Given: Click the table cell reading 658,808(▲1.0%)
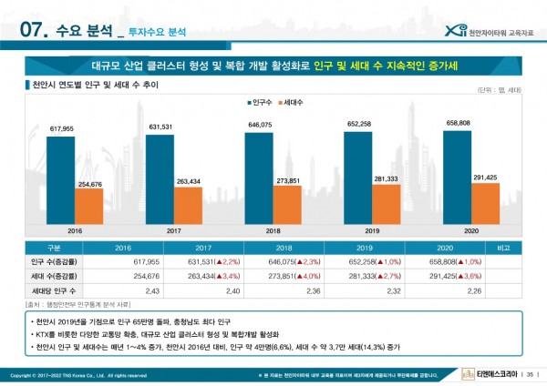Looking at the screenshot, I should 444,261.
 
